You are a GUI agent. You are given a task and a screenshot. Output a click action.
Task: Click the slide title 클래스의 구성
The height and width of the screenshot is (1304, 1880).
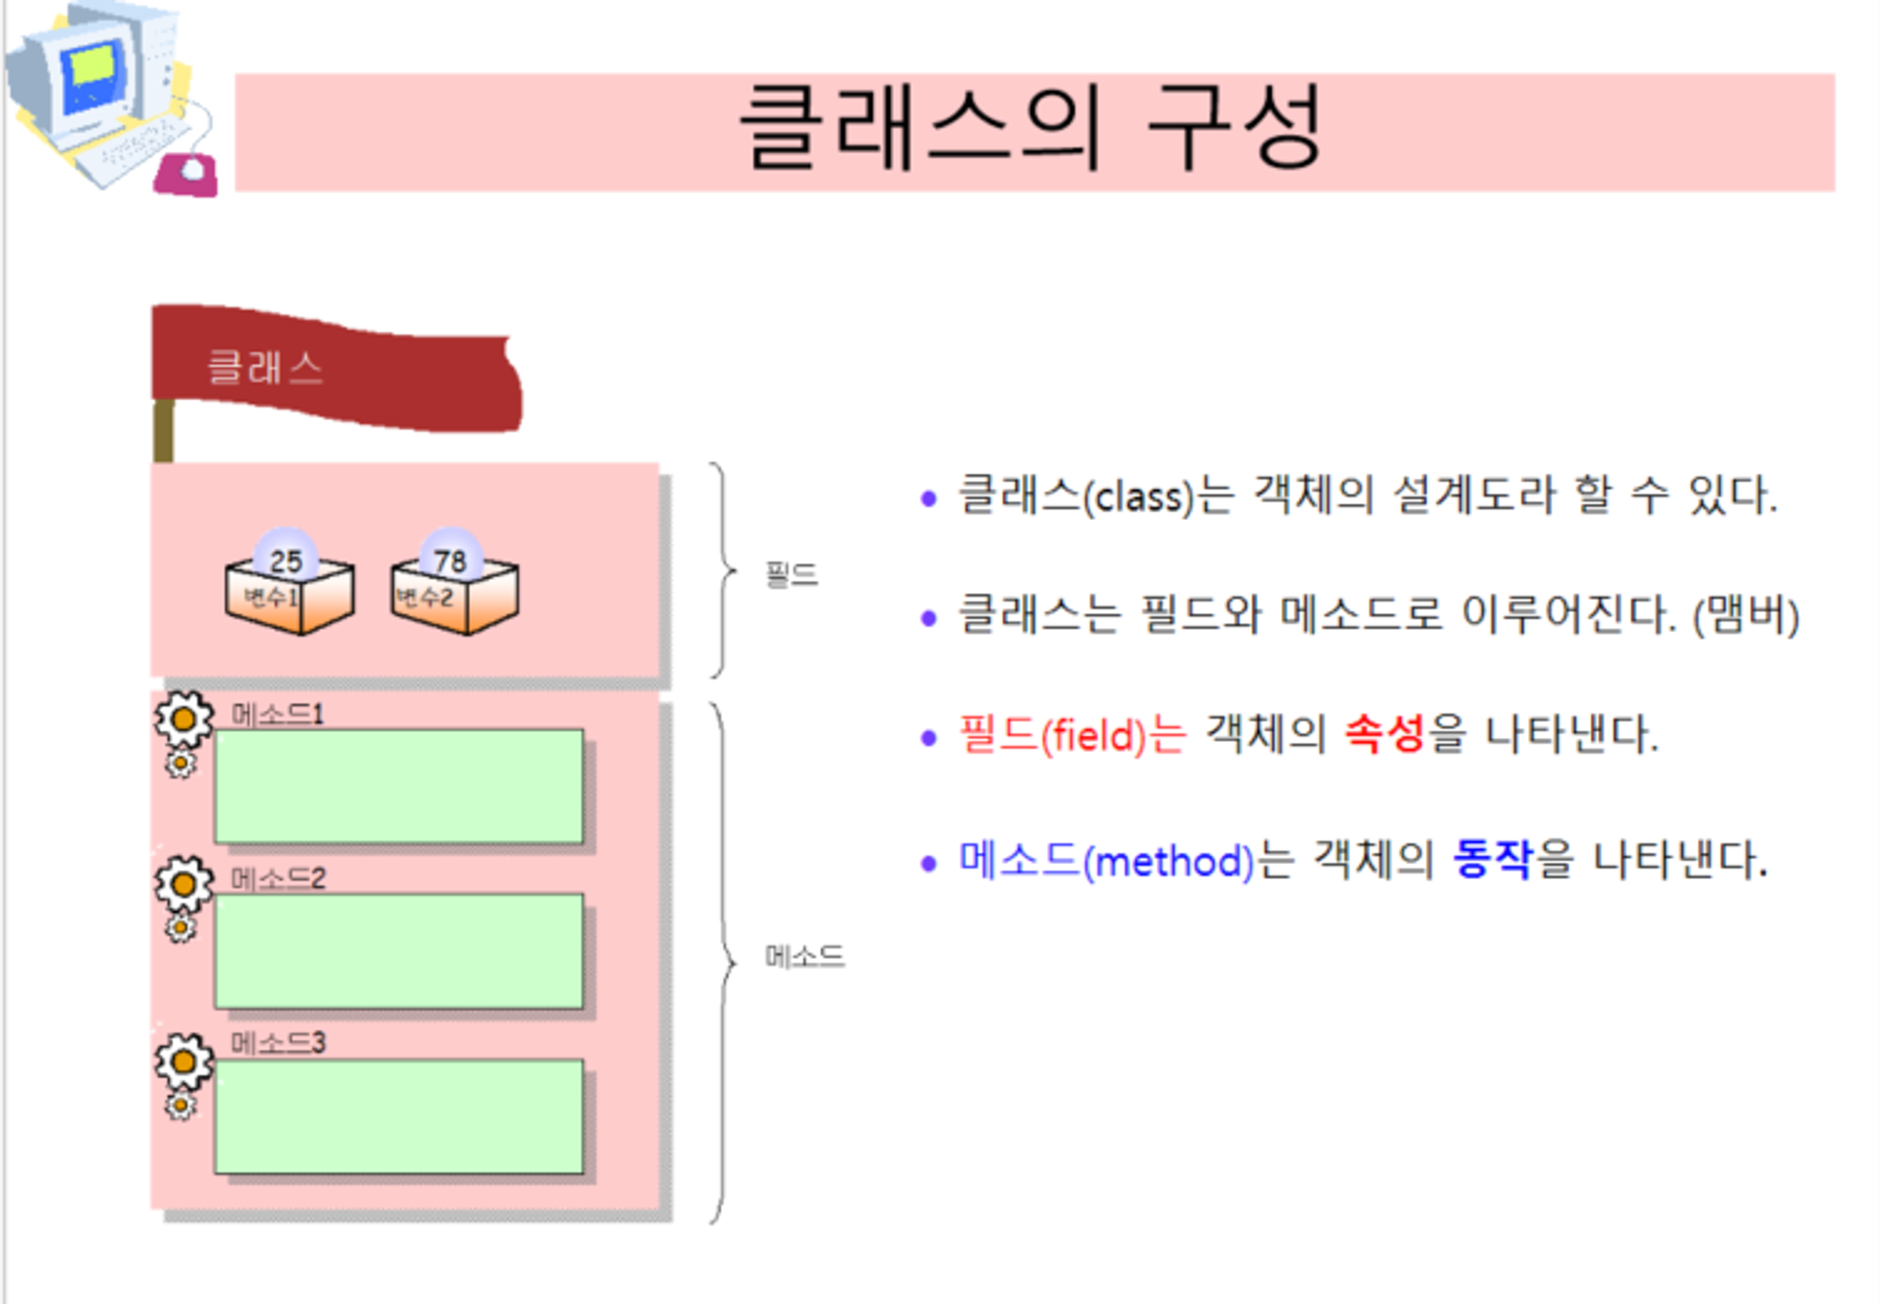[x=1031, y=129]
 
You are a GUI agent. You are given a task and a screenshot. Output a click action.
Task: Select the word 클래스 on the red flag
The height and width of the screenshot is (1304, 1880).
[x=265, y=367]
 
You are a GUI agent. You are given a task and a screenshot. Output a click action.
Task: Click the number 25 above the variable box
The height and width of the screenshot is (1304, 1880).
[x=287, y=561]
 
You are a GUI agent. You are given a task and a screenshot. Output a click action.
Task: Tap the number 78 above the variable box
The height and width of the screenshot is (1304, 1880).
[x=450, y=561]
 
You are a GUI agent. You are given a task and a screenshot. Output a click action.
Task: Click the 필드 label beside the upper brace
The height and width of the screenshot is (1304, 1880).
[x=791, y=573]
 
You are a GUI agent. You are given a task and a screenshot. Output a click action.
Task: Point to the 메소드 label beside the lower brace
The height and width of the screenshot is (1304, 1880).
[x=805, y=956]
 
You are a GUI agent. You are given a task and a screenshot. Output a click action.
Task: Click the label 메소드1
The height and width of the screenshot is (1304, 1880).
[x=278, y=715]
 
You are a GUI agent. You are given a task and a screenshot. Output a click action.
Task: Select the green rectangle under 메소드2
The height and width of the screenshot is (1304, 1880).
[x=399, y=951]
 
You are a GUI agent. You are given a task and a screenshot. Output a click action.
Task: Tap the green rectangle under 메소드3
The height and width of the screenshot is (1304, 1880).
[x=399, y=1116]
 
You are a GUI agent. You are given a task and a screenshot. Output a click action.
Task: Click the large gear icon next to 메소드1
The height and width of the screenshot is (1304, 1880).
[x=183, y=720]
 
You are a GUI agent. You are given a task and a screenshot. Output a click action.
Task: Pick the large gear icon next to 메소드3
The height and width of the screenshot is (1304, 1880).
[x=183, y=1061]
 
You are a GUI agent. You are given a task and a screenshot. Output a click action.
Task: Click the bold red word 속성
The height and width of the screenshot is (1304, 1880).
[x=1385, y=733]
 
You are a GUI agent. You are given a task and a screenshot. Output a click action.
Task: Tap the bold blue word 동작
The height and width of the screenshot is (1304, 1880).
[x=1493, y=858]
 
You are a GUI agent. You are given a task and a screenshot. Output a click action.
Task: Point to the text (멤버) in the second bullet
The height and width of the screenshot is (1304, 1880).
[x=1746, y=616]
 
